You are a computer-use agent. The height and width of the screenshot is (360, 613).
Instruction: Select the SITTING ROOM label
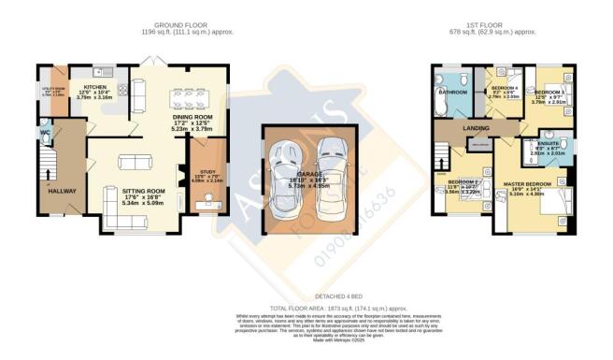[143, 191]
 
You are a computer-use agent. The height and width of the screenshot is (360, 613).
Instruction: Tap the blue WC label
[44, 133]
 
